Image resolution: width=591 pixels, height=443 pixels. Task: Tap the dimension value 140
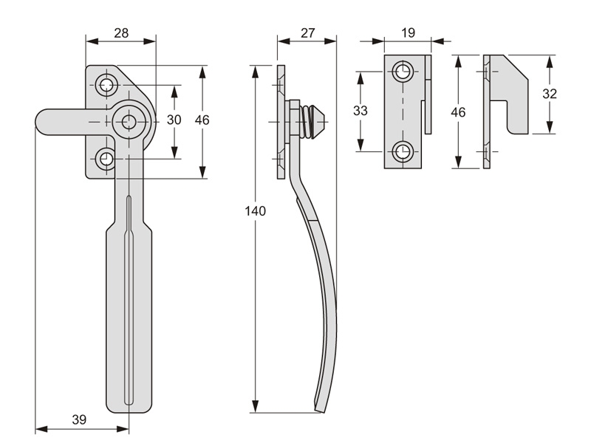coord(255,211)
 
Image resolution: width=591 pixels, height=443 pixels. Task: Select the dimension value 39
coord(79,419)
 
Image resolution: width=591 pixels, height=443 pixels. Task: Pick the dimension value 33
coord(361,111)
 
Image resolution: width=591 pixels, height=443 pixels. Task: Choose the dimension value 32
coord(549,94)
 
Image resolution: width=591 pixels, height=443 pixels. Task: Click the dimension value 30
coord(174,120)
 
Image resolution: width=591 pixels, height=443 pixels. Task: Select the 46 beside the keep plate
coord(459,112)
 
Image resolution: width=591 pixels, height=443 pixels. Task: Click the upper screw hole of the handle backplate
coord(107,85)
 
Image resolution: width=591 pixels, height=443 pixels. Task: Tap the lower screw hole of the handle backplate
coord(107,157)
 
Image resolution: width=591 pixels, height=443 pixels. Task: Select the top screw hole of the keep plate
coord(403,72)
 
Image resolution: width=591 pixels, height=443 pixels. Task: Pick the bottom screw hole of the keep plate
coord(403,152)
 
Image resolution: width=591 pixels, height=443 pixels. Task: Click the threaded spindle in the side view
coord(312,120)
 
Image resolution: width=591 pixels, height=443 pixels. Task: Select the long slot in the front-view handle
coord(129,295)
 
